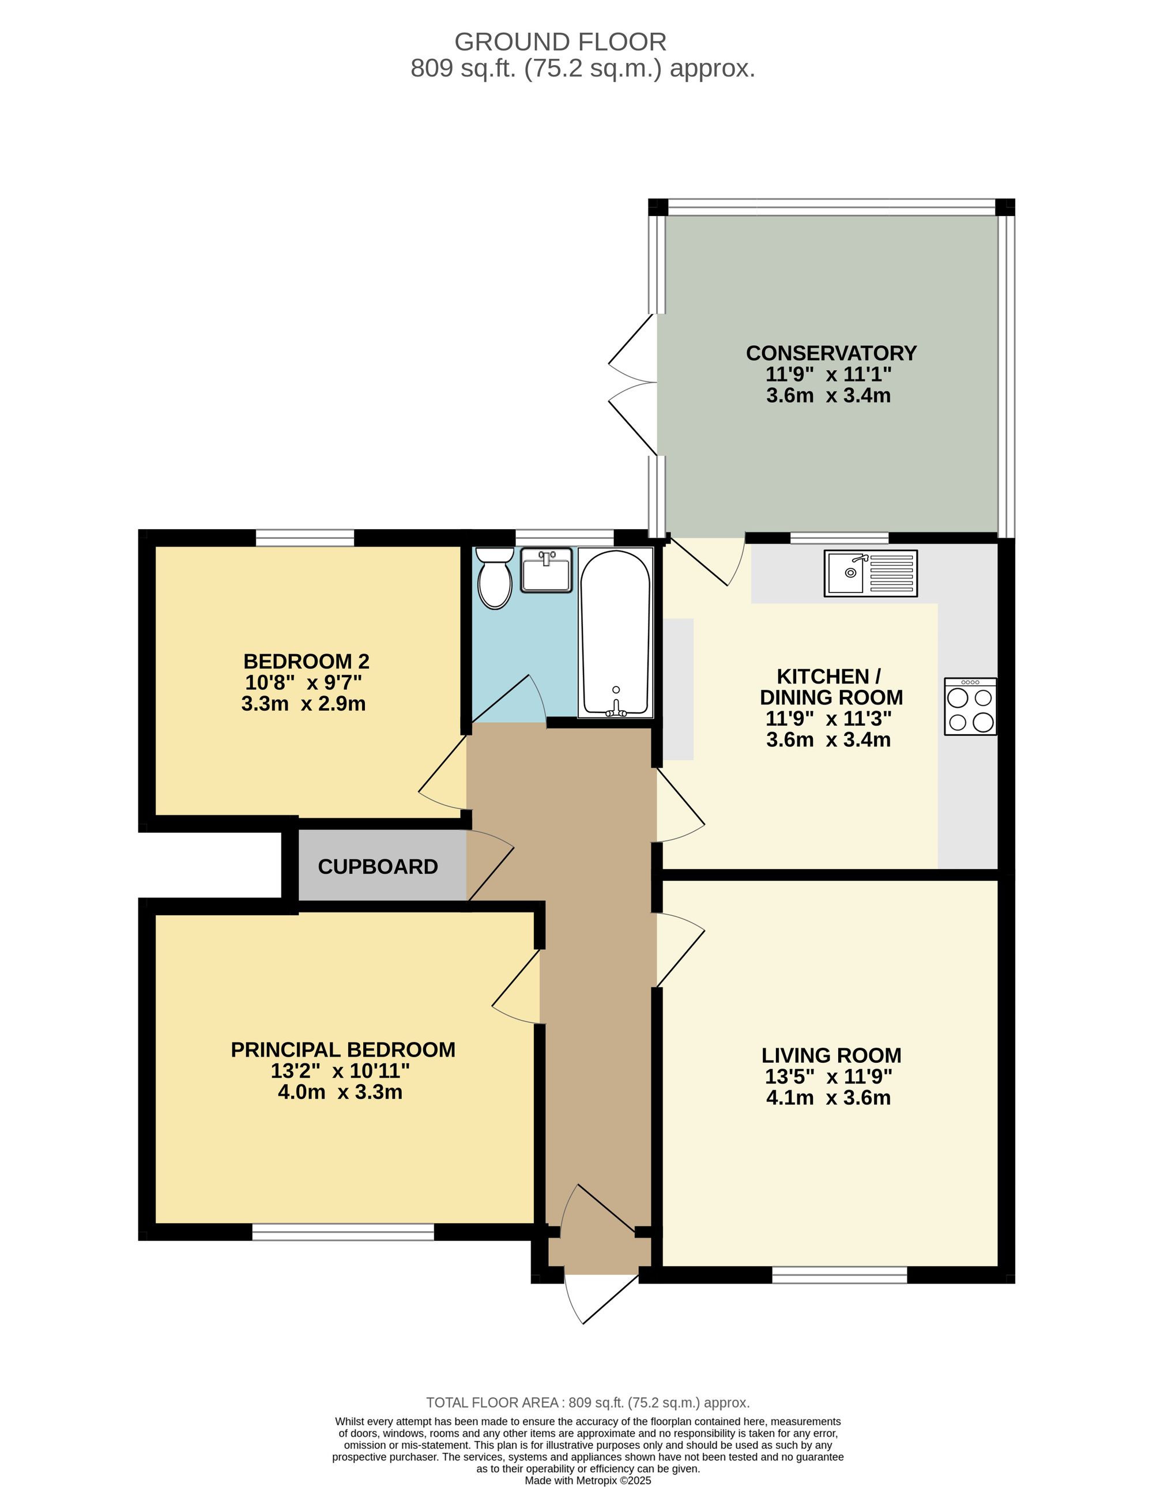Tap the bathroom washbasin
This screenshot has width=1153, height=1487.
click(x=546, y=571)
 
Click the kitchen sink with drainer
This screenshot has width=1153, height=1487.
click(x=871, y=573)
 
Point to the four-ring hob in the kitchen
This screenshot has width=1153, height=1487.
click(x=970, y=707)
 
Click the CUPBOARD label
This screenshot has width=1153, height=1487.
click(x=377, y=867)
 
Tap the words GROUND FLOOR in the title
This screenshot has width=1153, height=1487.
click(x=560, y=42)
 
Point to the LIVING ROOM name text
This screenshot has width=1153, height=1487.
click(x=831, y=1055)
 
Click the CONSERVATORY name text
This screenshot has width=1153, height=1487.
click(x=831, y=353)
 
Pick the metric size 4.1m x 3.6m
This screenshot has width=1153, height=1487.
click(x=828, y=1097)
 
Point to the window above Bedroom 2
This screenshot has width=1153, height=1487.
click(x=304, y=538)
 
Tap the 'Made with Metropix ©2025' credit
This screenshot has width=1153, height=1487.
click(x=587, y=1480)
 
